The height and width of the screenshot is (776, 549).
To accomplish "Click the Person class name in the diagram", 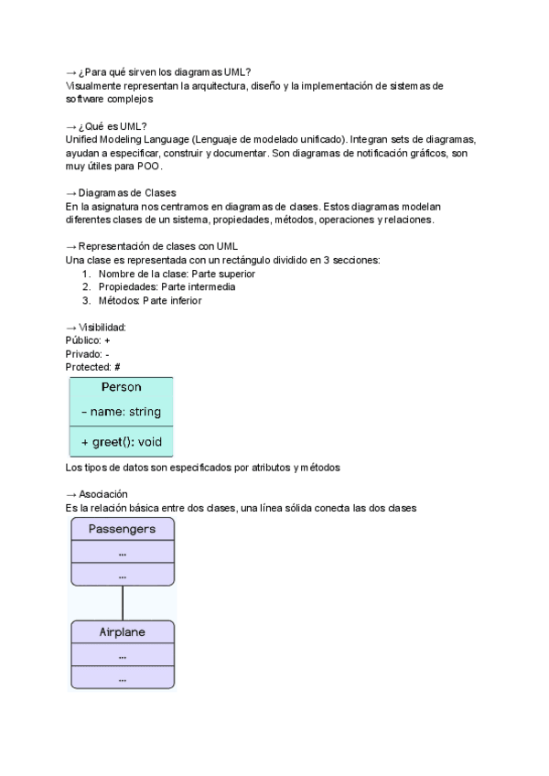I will coord(121,387).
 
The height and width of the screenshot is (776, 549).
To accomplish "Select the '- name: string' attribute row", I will coord(121,413).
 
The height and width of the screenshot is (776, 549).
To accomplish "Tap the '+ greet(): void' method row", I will coord(121,442).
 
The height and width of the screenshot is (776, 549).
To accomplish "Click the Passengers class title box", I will coord(122,529).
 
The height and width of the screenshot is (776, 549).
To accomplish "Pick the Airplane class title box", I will coord(122,632).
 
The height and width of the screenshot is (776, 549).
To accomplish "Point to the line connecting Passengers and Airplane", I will coord(123,603).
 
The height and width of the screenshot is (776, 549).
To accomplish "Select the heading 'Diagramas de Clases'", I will coord(127,193).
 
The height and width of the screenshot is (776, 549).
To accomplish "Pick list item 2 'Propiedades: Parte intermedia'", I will coord(167,286).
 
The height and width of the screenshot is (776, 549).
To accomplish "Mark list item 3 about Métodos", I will coord(150,300).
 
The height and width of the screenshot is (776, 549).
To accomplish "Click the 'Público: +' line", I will coord(88,339).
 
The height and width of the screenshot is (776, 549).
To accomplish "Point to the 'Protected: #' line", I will coord(92,367).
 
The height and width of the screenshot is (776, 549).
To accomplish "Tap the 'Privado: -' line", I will coord(87,353).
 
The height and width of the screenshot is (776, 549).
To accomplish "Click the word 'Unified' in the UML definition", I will coord(83,139).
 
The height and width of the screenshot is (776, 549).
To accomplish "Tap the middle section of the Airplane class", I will coord(122,656).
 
